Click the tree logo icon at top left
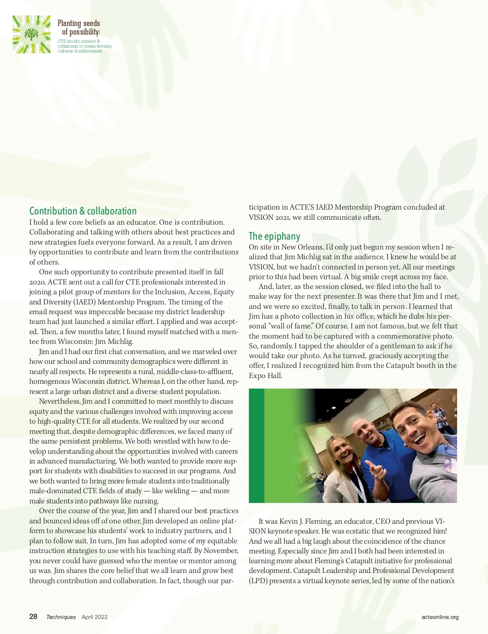31,34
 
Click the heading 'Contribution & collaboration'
83,211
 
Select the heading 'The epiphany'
274,236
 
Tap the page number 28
33,617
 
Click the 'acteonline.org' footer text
440,617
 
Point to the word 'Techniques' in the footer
61,617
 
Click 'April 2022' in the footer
95,617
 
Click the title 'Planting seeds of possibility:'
79,27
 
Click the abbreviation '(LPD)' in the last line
258,581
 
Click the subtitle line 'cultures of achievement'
80,51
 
